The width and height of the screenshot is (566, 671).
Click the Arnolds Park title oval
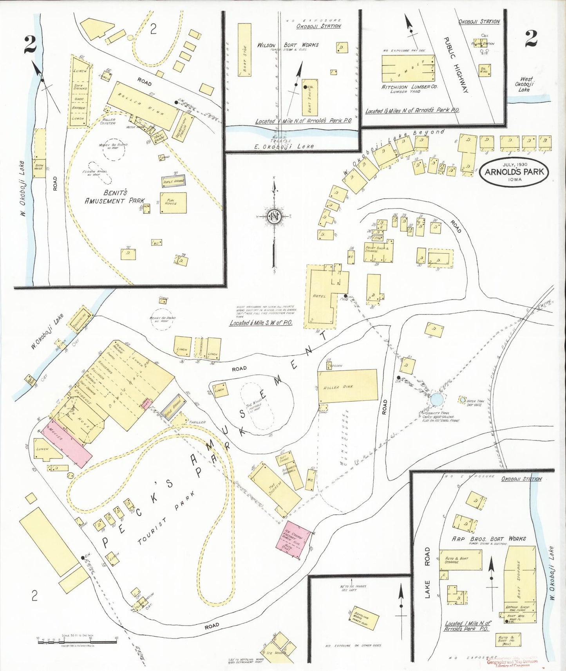tap(514, 173)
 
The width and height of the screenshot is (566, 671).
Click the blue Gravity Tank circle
tap(437, 399)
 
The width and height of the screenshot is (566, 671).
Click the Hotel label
tap(319, 296)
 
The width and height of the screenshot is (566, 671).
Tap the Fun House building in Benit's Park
tap(173, 203)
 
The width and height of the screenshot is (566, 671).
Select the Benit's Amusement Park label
tap(114, 197)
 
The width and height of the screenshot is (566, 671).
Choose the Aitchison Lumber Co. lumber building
tap(408, 68)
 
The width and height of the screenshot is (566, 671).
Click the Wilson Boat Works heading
tap(288, 45)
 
